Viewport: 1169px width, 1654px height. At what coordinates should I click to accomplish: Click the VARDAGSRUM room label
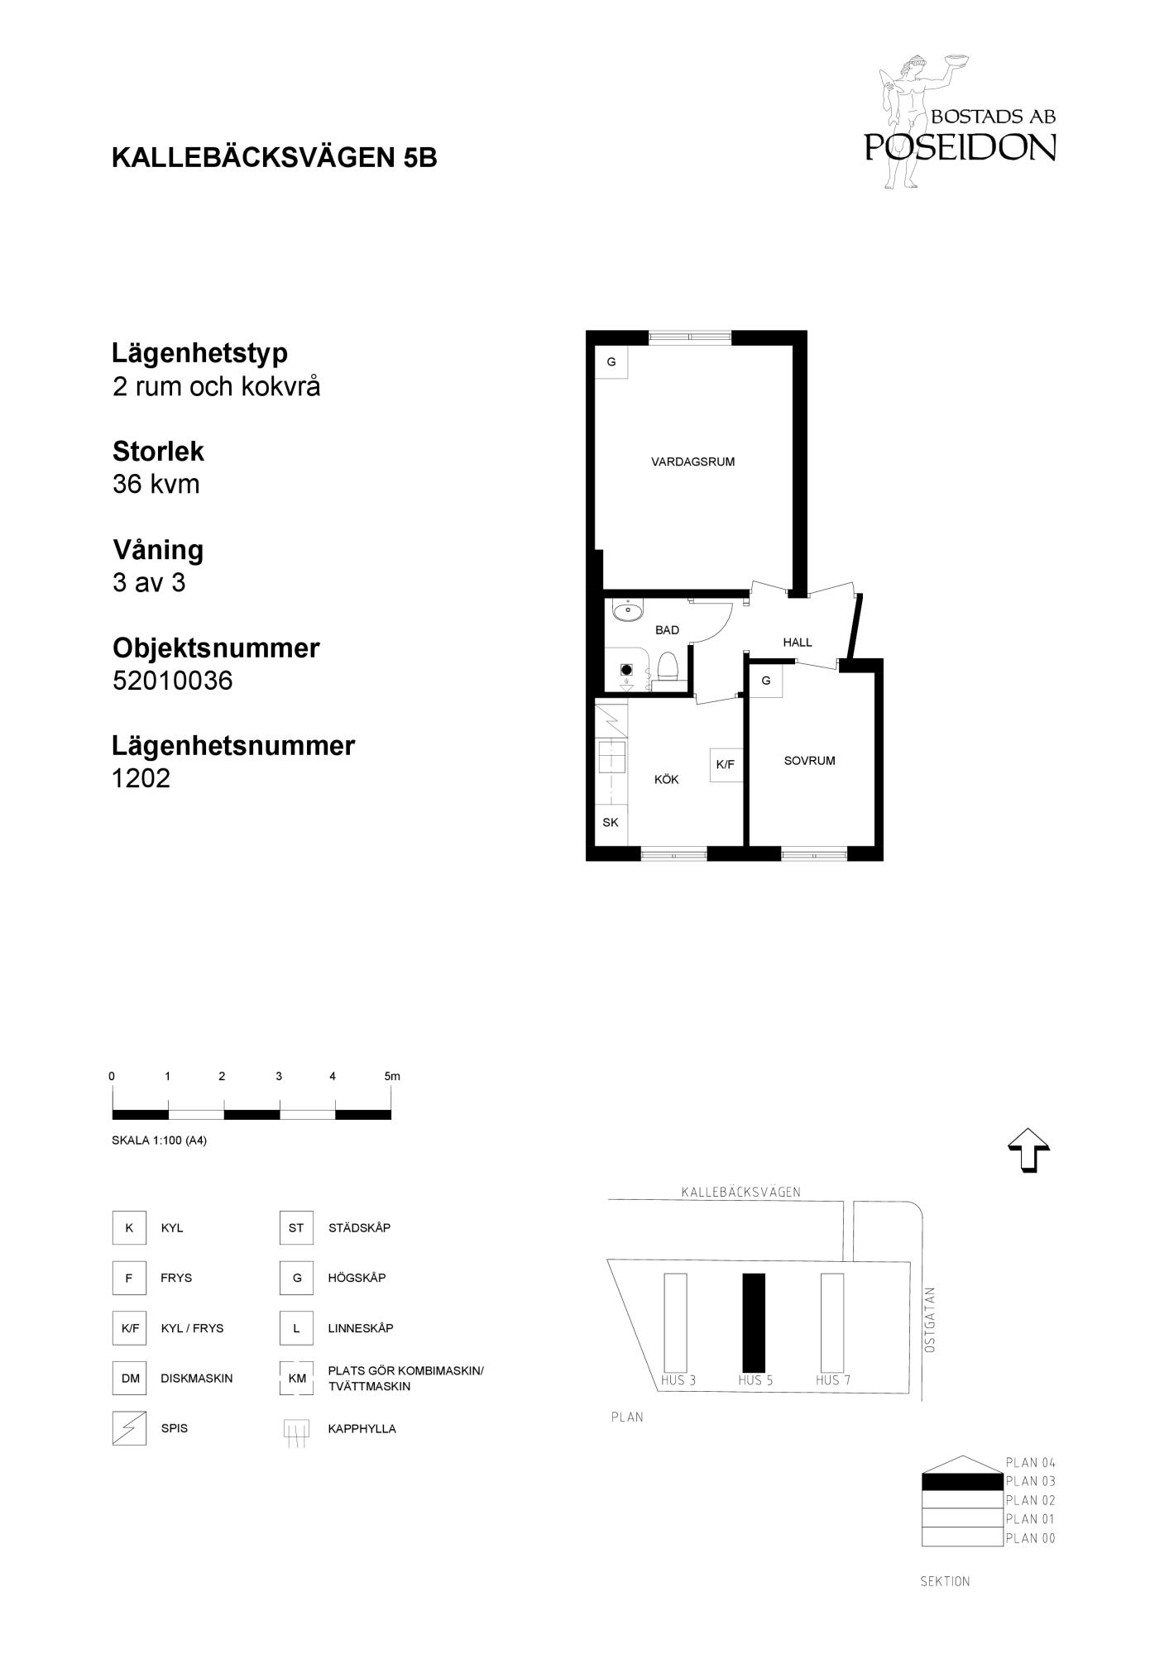[x=692, y=462]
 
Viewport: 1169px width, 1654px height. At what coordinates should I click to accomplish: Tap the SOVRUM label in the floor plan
[x=809, y=761]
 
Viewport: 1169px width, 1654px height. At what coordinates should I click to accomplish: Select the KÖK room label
[x=666, y=779]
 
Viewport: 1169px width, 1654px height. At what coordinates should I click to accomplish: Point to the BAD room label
[x=667, y=630]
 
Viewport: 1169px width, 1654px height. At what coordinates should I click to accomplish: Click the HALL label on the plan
[x=798, y=643]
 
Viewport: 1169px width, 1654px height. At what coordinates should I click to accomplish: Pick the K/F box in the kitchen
[x=726, y=765]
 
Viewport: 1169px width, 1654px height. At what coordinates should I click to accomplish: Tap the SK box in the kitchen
[x=611, y=823]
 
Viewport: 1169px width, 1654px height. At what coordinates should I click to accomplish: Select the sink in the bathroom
[x=627, y=612]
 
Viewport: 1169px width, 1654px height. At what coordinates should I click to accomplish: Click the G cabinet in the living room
[x=611, y=362]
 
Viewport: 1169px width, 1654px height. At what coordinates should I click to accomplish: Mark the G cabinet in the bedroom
[x=766, y=681]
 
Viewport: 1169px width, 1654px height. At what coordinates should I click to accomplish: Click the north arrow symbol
[x=1028, y=1150]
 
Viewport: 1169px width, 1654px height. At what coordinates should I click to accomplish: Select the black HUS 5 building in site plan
[x=754, y=1322]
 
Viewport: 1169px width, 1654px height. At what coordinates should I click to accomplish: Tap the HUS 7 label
[x=833, y=1380]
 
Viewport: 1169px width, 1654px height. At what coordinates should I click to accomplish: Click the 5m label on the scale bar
[x=392, y=1076]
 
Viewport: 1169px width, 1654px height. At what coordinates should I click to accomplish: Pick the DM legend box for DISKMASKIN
[x=130, y=1378]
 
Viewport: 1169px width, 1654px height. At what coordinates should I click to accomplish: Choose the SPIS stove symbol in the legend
[x=129, y=1428]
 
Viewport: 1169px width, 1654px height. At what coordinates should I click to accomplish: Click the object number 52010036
[x=173, y=681]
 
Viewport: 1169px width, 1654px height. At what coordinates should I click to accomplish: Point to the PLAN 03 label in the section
[x=1031, y=1481]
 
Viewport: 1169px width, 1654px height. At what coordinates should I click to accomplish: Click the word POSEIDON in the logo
[x=961, y=146]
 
